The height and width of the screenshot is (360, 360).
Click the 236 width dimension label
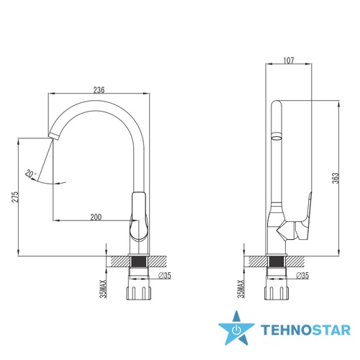99,90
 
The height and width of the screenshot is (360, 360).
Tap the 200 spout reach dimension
96,217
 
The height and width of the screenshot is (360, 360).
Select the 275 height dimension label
15,197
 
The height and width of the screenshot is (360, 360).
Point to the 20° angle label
31,174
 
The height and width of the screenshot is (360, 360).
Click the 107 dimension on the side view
289,60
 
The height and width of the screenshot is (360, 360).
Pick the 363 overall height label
336,178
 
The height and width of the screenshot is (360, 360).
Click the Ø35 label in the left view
165,276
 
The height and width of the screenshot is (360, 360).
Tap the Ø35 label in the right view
302,276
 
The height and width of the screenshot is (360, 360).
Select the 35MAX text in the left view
103,289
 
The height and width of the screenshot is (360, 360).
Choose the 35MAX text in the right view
240,289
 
